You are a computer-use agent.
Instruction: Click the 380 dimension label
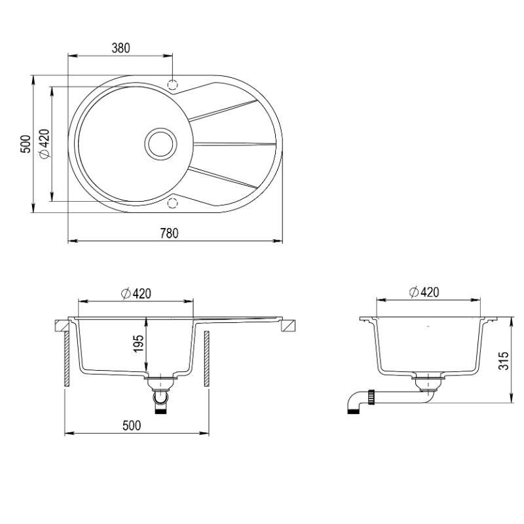121,48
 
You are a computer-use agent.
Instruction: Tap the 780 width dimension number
169,233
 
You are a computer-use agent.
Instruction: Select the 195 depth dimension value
138,343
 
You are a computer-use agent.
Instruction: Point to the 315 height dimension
503,361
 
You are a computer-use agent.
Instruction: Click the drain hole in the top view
160,144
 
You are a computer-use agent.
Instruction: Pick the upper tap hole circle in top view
172,85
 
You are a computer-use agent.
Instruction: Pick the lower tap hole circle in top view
172,203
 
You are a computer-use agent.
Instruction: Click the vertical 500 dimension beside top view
26,144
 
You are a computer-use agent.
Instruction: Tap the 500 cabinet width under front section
132,425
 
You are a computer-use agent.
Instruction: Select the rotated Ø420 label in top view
44,143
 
